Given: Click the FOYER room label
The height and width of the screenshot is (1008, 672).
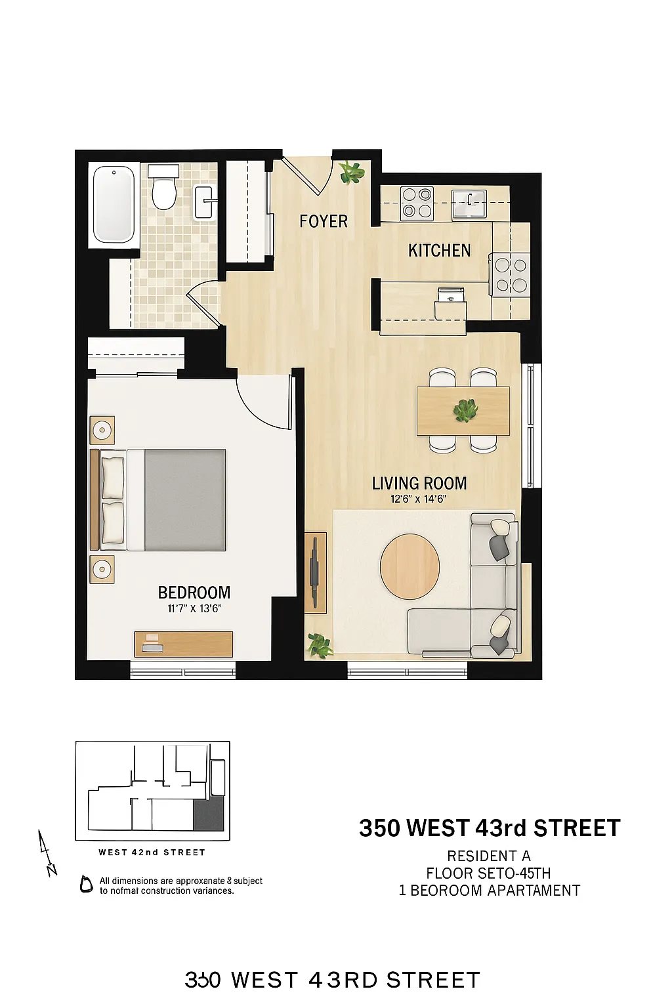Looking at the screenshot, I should pos(324,222).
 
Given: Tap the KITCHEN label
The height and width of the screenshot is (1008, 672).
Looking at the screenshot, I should pos(439,251).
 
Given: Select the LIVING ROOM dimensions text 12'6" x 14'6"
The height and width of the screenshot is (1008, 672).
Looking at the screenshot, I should pos(419,499).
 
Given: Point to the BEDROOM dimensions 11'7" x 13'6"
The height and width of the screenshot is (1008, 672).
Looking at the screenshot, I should pos(194,608).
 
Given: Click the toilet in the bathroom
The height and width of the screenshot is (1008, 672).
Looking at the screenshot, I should pos(163,188).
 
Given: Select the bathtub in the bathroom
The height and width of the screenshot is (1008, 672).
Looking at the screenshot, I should pos(114,204).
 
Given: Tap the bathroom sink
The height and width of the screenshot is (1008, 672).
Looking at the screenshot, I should pos(204,202).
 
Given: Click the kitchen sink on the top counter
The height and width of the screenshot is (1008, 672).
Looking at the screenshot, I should pos(469,204).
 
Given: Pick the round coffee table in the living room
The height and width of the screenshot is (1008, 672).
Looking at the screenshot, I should pos(410,566).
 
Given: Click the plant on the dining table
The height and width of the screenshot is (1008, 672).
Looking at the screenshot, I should pos(465,411).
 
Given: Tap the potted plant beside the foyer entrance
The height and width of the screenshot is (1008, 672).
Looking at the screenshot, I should pos(352,173).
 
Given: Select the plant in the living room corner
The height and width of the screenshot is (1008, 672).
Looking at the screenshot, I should pos(320,645).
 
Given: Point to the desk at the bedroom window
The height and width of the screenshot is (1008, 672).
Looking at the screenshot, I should pos(184,644).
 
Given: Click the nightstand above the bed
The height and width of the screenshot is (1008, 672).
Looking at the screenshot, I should pos(102,430).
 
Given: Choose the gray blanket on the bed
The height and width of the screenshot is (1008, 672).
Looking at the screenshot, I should pos(185,500).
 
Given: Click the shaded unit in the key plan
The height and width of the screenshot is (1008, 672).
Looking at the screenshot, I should pos(209,816).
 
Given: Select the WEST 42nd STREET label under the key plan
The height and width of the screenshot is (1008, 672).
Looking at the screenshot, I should pos(152,852).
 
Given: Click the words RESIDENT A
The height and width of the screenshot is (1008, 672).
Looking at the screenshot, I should pos(489,856).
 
